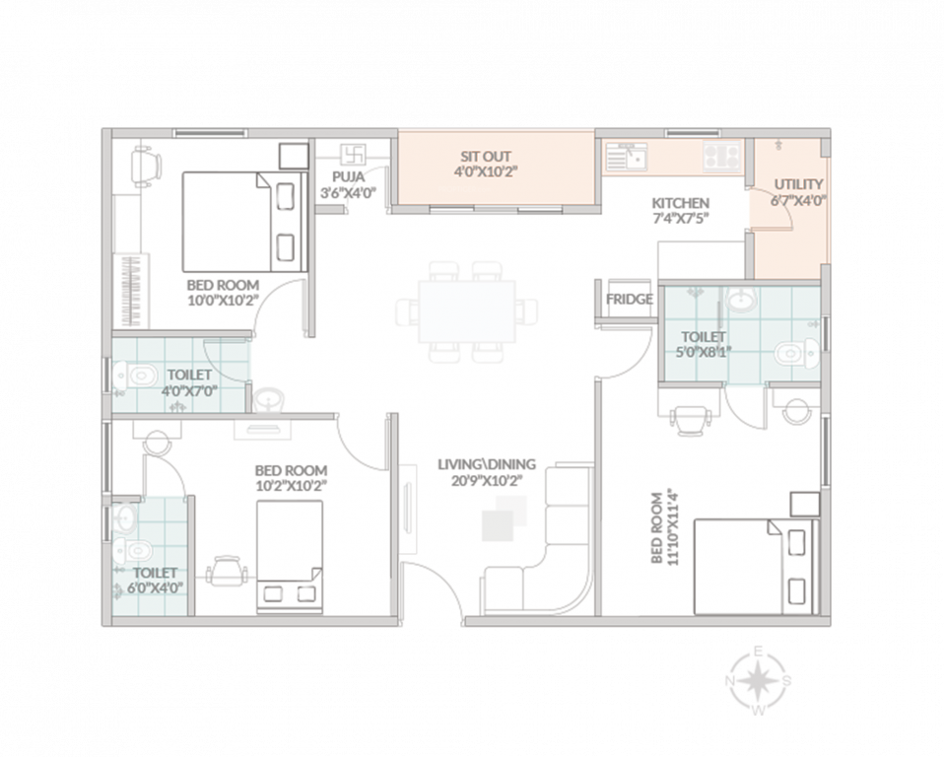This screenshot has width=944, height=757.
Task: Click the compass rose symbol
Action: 758,679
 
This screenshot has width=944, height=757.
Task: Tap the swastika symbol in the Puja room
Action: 353,155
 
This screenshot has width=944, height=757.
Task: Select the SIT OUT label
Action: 486,157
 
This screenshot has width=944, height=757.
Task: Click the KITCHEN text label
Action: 680,203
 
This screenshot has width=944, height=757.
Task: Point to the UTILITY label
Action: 798,184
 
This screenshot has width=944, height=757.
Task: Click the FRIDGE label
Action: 629,300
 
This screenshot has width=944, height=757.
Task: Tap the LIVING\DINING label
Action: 488,464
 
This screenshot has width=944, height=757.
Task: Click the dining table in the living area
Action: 467,311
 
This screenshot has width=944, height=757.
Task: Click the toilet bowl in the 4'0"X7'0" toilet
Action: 138,376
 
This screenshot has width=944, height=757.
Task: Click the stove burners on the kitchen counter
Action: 722,154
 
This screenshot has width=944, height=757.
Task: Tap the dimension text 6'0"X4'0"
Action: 155,588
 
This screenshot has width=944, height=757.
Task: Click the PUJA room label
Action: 347,176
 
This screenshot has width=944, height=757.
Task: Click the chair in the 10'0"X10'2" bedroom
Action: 145,165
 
